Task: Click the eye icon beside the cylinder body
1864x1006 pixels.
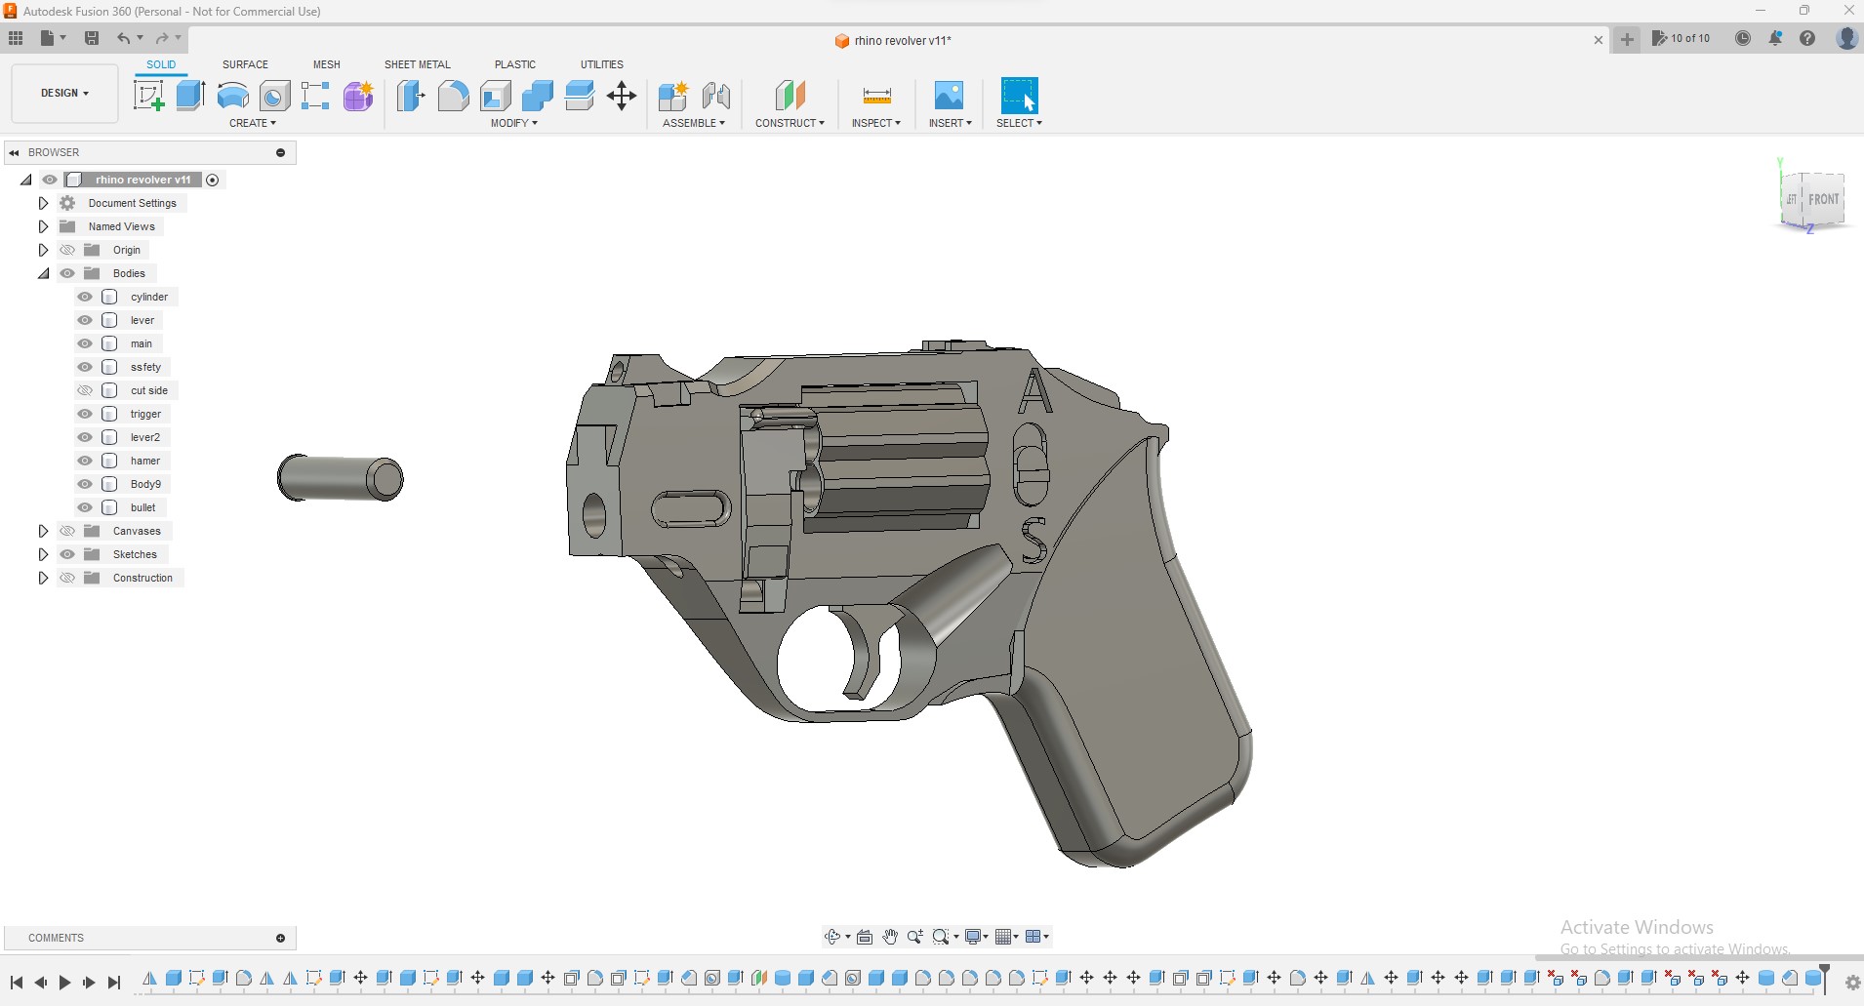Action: click(x=85, y=297)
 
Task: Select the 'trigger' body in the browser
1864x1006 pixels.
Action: click(x=145, y=414)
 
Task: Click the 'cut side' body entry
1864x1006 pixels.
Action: click(x=148, y=390)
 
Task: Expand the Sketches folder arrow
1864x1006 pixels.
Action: click(x=43, y=554)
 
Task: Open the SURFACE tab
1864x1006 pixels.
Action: click(x=245, y=64)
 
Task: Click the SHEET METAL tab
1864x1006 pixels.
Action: click(x=417, y=64)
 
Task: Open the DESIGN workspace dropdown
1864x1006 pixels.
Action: click(x=64, y=94)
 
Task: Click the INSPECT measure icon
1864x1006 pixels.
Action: click(x=876, y=96)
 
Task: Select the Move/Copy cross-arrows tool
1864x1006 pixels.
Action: click(x=622, y=96)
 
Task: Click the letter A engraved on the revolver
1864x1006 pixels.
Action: click(x=1034, y=392)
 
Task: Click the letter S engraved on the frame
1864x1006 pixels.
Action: click(x=1033, y=541)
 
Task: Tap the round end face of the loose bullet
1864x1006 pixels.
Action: click(x=385, y=479)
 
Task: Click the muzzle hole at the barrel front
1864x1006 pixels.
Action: click(x=593, y=515)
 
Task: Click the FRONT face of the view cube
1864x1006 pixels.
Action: click(x=1822, y=200)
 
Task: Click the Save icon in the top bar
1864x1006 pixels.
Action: click(x=92, y=38)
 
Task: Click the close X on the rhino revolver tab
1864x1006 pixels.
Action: click(x=1598, y=40)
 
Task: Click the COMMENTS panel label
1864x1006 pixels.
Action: click(x=56, y=938)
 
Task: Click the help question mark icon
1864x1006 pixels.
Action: click(x=1807, y=38)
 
